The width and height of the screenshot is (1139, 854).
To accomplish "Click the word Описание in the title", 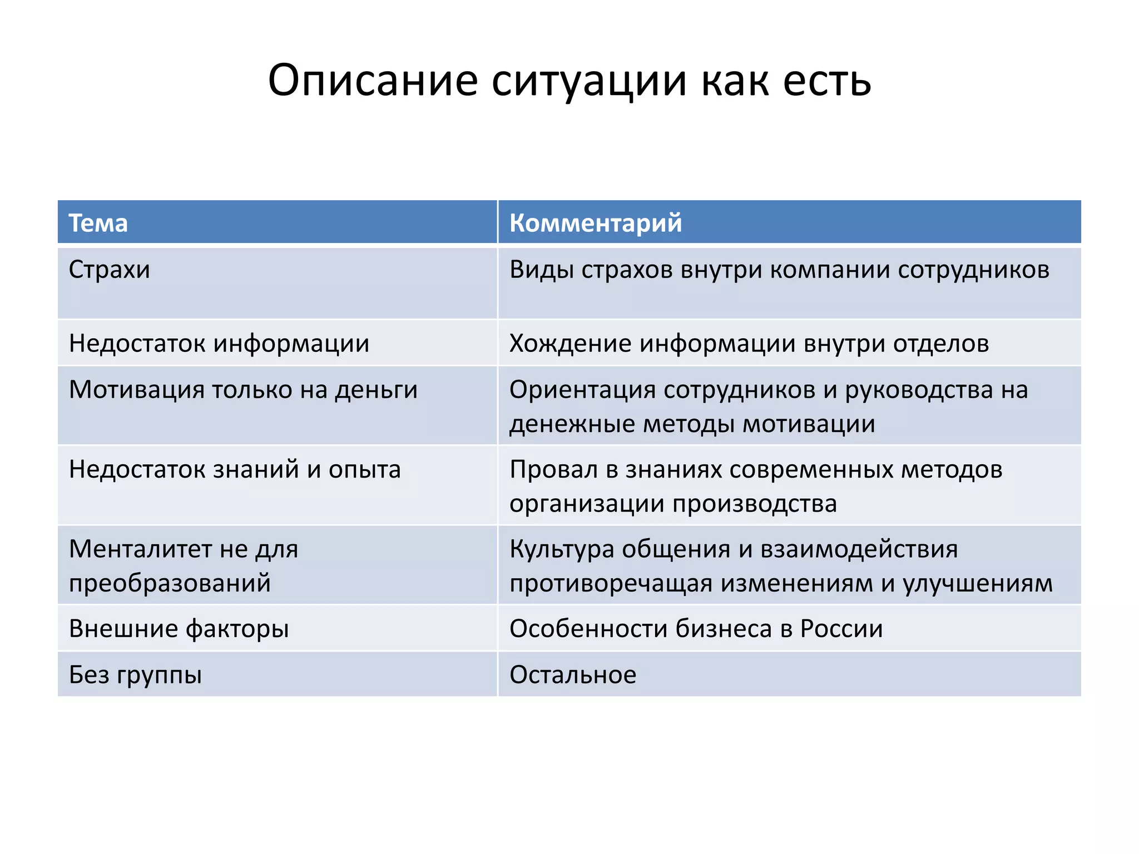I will [x=373, y=81].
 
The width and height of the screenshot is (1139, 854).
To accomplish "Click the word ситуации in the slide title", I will [x=589, y=81].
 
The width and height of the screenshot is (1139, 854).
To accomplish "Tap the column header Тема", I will [x=98, y=223].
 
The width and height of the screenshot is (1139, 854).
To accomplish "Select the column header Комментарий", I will [x=595, y=223].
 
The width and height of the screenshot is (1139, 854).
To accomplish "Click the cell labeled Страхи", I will [x=110, y=270].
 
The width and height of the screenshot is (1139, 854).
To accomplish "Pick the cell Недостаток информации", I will [x=219, y=343].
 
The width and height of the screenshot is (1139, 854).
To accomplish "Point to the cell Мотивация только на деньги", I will [x=243, y=390].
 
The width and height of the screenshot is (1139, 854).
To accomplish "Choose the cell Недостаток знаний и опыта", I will [x=235, y=469].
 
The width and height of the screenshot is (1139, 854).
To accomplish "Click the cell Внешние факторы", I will [x=179, y=629].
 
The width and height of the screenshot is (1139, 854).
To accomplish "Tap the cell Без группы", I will [x=135, y=675].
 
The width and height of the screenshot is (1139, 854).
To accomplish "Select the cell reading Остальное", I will [x=573, y=675].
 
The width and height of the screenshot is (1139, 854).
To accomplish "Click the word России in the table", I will [x=841, y=629].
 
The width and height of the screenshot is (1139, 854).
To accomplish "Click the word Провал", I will [x=553, y=469].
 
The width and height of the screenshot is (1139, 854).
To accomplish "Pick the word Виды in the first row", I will [x=542, y=270].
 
